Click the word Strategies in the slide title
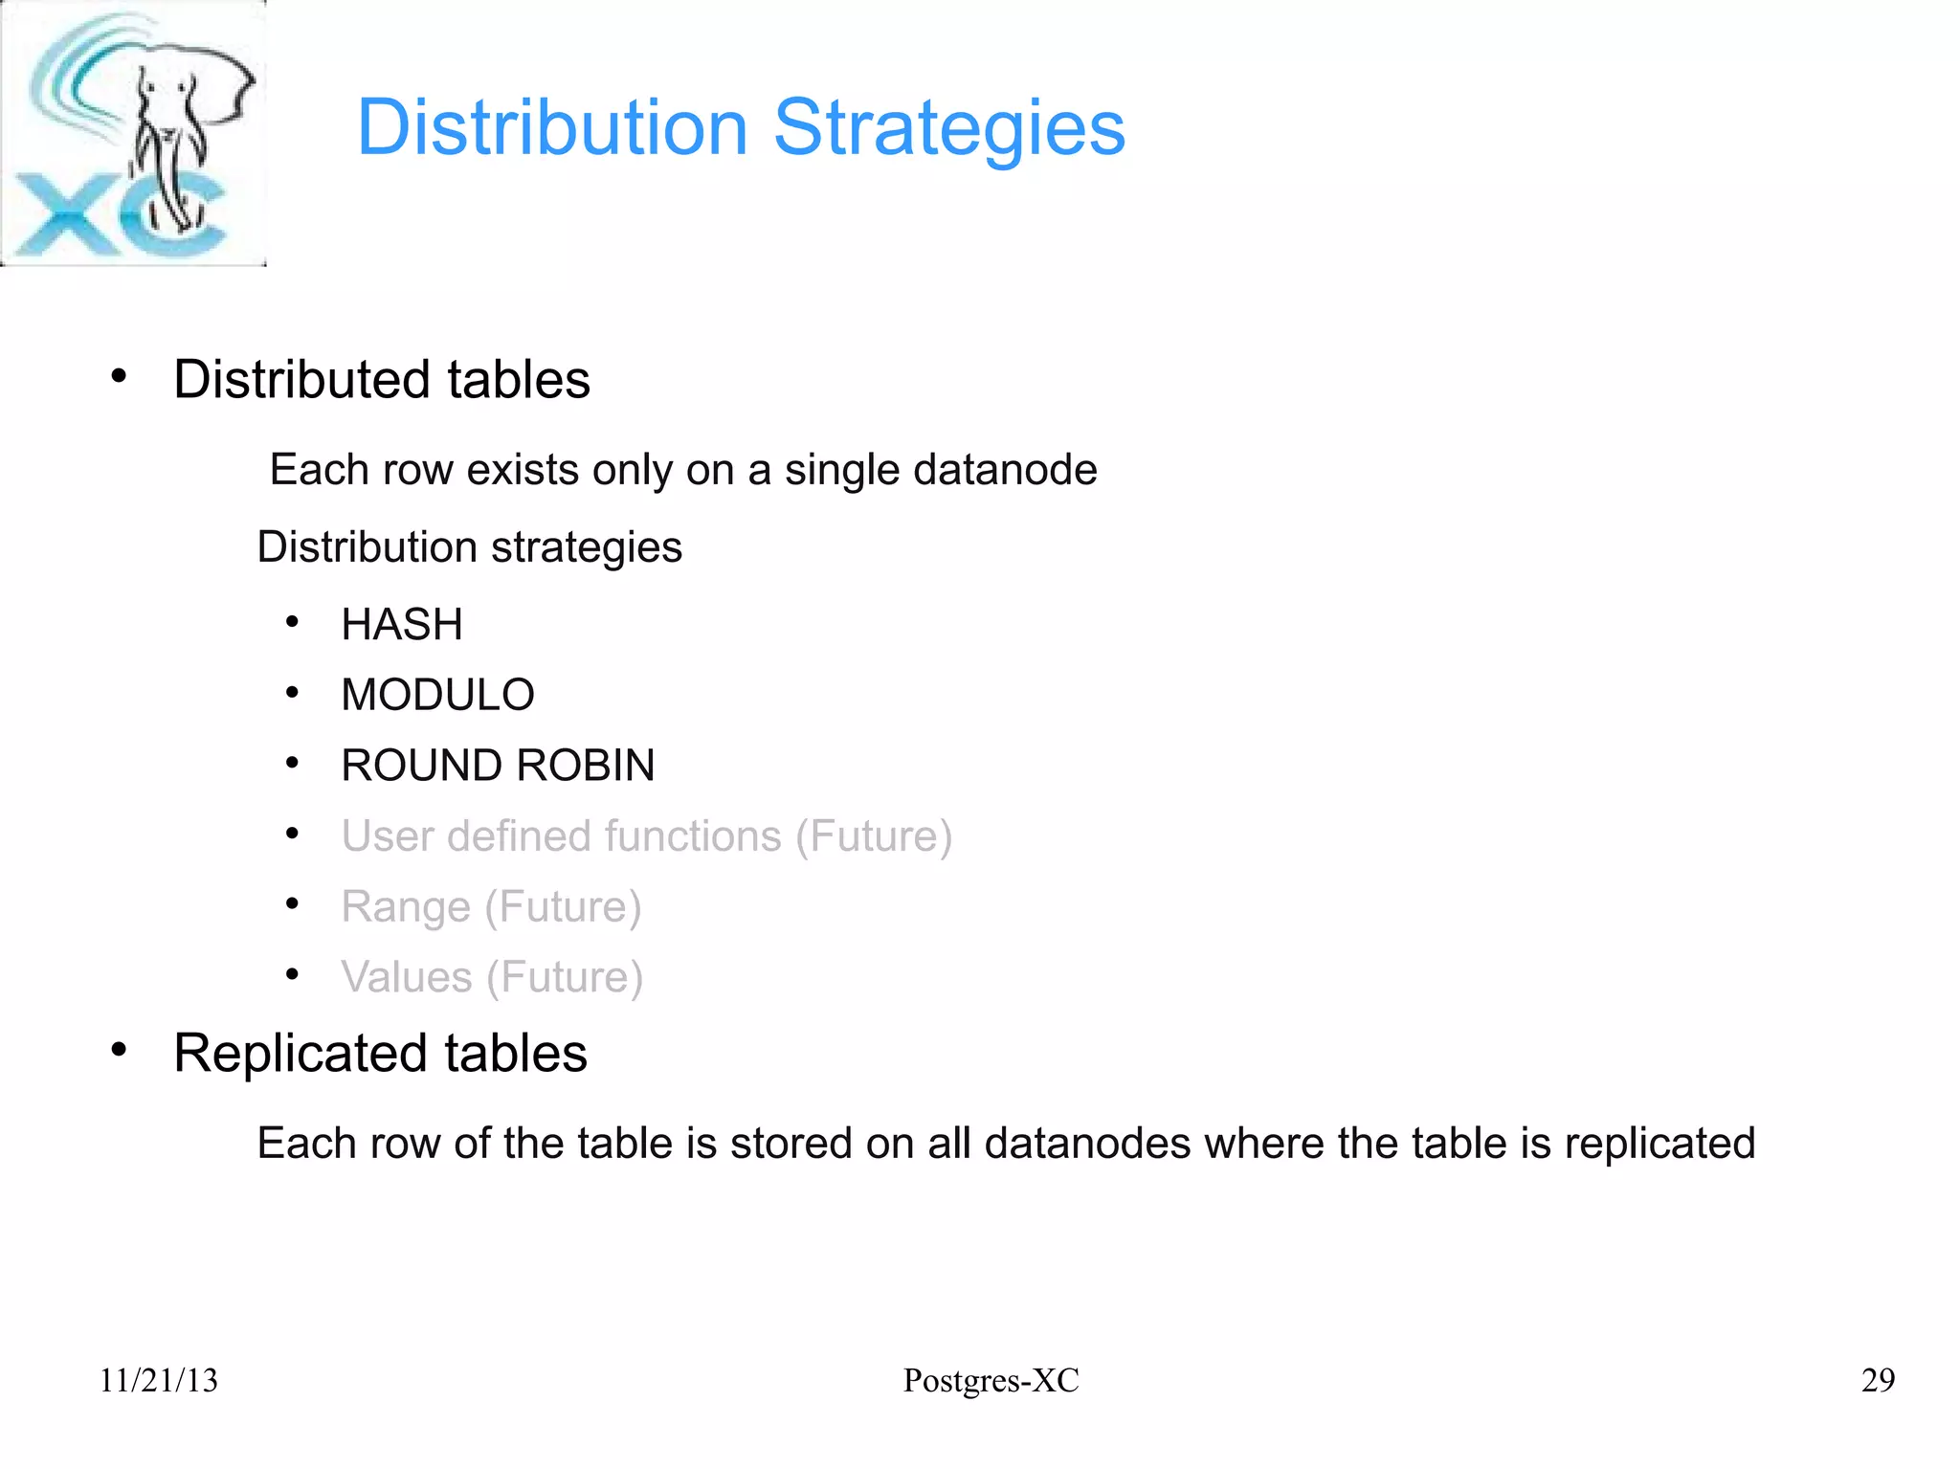pyautogui.click(x=948, y=128)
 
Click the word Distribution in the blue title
pyautogui.click(x=552, y=128)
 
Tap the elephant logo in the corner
pyautogui.click(x=133, y=133)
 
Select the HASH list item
pyautogui.click(x=402, y=625)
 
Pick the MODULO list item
pyautogui.click(x=437, y=695)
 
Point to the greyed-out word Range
pyautogui.click(x=406, y=906)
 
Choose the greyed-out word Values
pyautogui.click(x=407, y=977)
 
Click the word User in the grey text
pyautogui.click(x=387, y=836)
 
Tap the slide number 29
pyautogui.click(x=1878, y=1380)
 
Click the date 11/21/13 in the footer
pyautogui.click(x=159, y=1380)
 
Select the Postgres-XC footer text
pyautogui.click(x=991, y=1380)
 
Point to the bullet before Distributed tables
pyautogui.click(x=119, y=376)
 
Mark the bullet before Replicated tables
pyautogui.click(x=119, y=1050)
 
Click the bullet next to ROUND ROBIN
pyautogui.click(x=293, y=764)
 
